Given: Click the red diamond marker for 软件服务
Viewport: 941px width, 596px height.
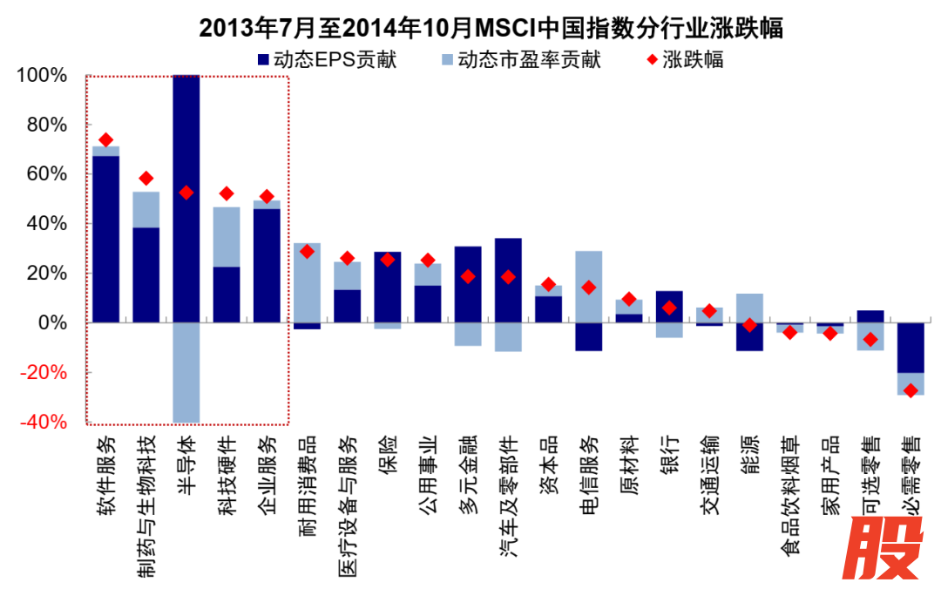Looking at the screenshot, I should click(105, 139).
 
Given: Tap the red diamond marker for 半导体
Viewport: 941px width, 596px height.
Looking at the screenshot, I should click(186, 193).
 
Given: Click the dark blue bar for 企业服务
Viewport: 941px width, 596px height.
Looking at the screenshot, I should click(267, 266).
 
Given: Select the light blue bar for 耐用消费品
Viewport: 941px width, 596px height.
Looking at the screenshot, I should click(307, 282).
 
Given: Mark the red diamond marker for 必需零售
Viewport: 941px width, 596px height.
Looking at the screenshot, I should click(911, 390).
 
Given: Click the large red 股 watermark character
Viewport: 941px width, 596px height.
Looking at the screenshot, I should click(886, 550).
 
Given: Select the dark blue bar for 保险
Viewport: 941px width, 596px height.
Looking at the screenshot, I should click(388, 287).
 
